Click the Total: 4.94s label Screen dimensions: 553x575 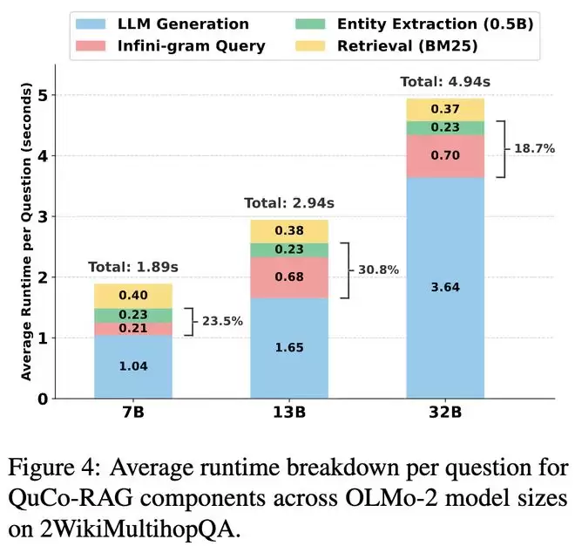pos(440,82)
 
